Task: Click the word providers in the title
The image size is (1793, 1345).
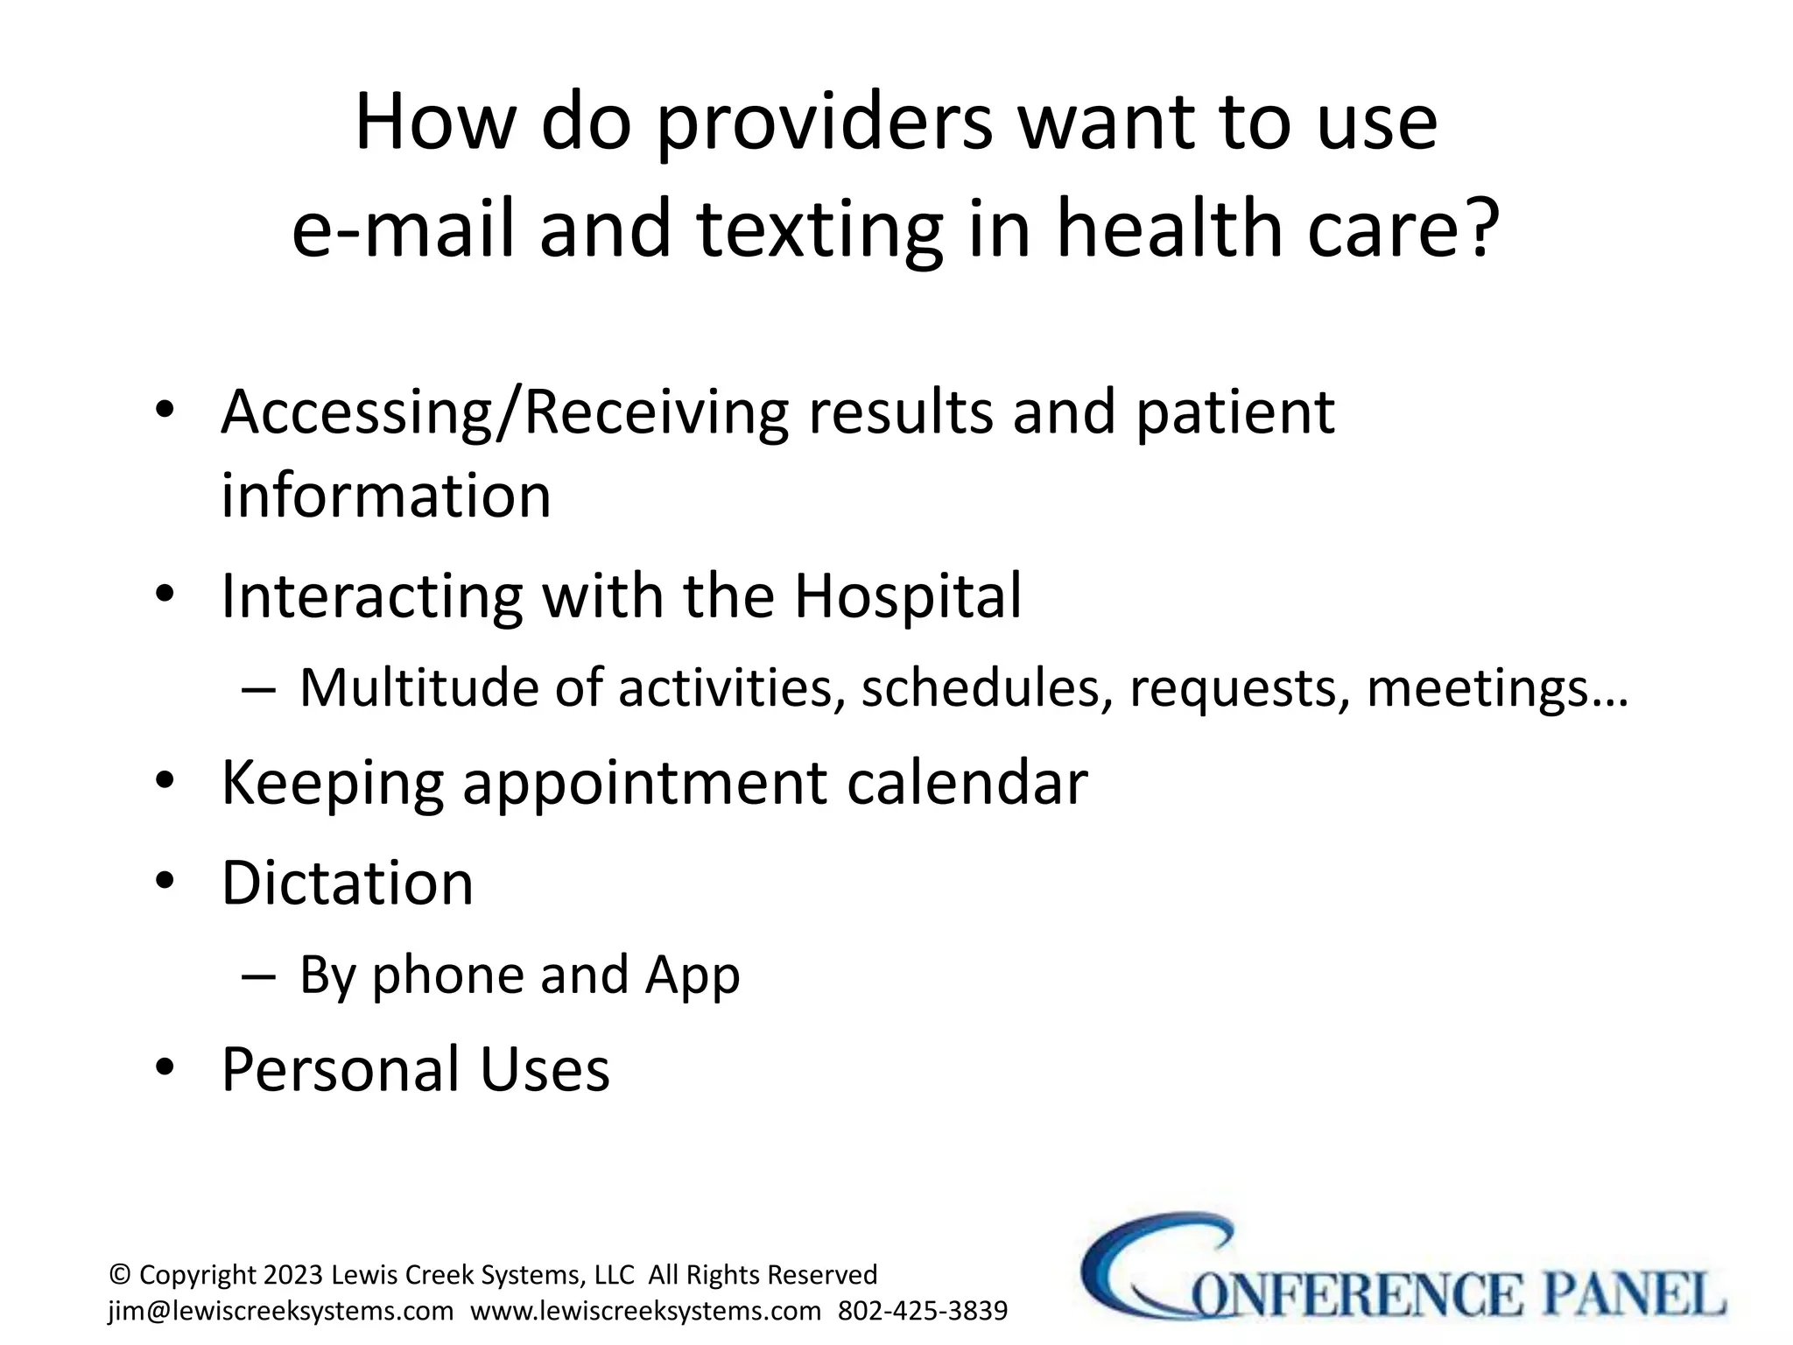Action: click(x=824, y=125)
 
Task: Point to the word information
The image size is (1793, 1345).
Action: click(x=386, y=496)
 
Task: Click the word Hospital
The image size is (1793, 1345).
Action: click(x=907, y=596)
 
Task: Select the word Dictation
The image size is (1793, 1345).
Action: click(x=348, y=883)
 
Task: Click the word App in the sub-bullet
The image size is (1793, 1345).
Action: click(x=693, y=975)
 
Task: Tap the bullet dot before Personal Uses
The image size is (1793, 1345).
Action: click(x=165, y=1068)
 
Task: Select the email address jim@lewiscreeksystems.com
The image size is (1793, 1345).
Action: click(x=281, y=1311)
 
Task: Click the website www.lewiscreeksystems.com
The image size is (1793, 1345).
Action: click(x=646, y=1311)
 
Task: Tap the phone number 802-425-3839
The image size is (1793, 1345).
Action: click(x=923, y=1311)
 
